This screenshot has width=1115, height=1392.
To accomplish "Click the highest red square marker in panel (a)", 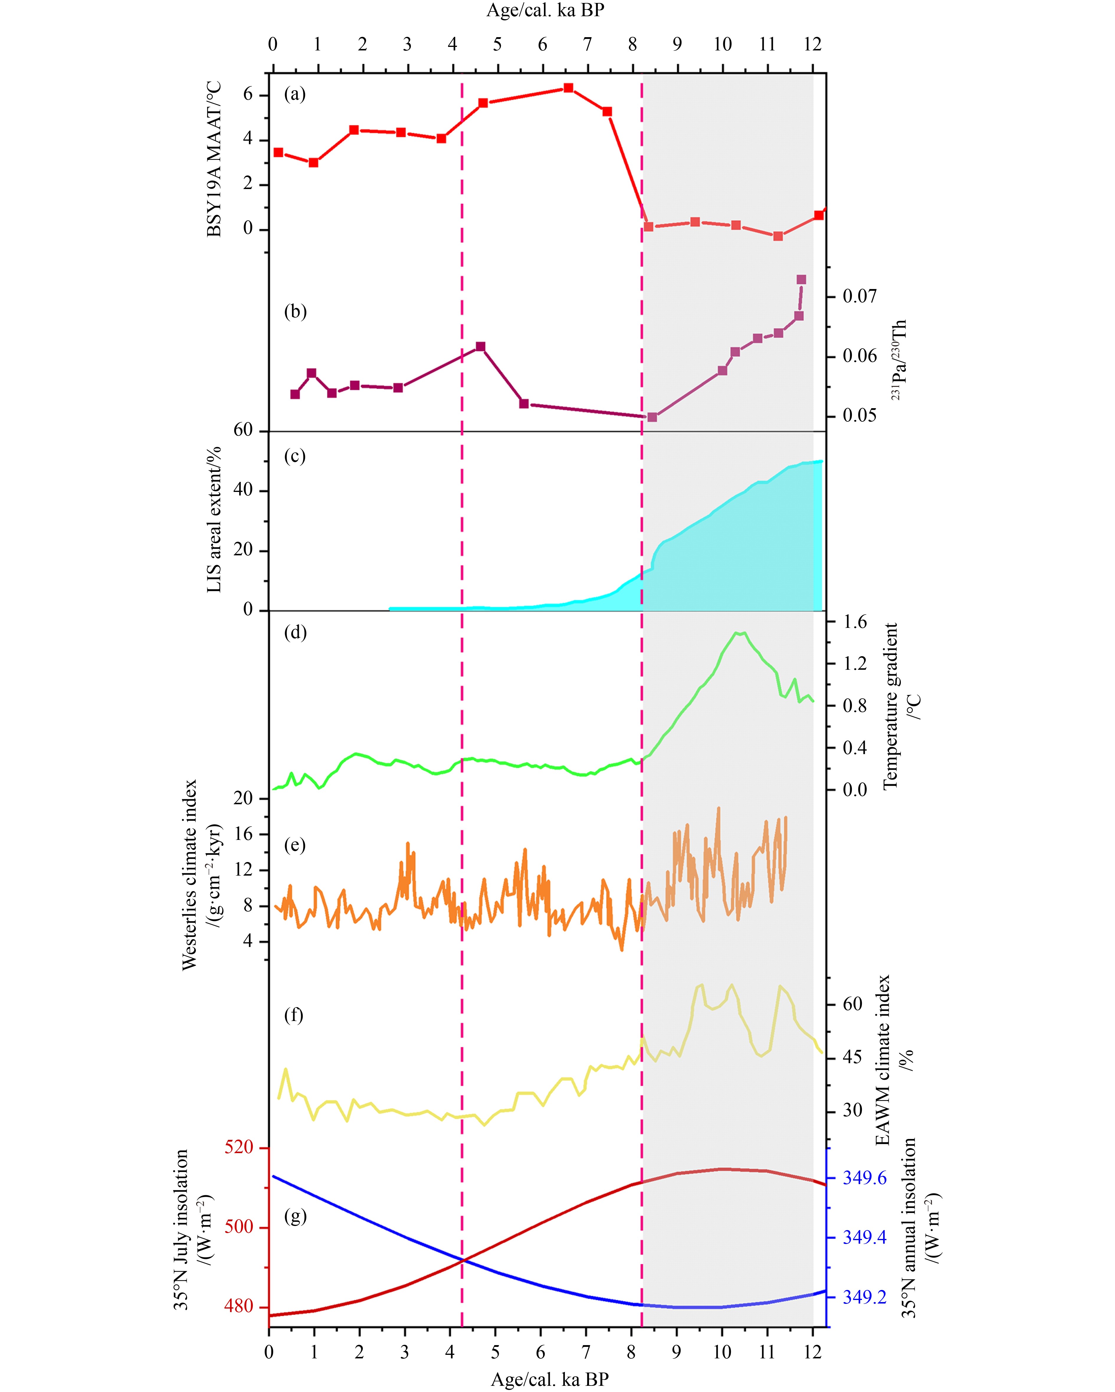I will (x=568, y=88).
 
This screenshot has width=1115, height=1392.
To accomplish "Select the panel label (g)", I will (x=295, y=1217).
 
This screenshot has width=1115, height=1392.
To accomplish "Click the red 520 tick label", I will (x=239, y=1147).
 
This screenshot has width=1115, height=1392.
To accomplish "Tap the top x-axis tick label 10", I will (x=722, y=45).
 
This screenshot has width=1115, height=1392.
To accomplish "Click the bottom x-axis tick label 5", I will (x=495, y=1352).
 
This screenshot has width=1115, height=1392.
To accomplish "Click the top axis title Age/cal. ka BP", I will (x=546, y=10).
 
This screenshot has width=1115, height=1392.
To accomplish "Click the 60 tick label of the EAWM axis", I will (x=852, y=1004).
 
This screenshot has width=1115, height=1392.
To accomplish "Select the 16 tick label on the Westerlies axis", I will (x=243, y=833).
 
